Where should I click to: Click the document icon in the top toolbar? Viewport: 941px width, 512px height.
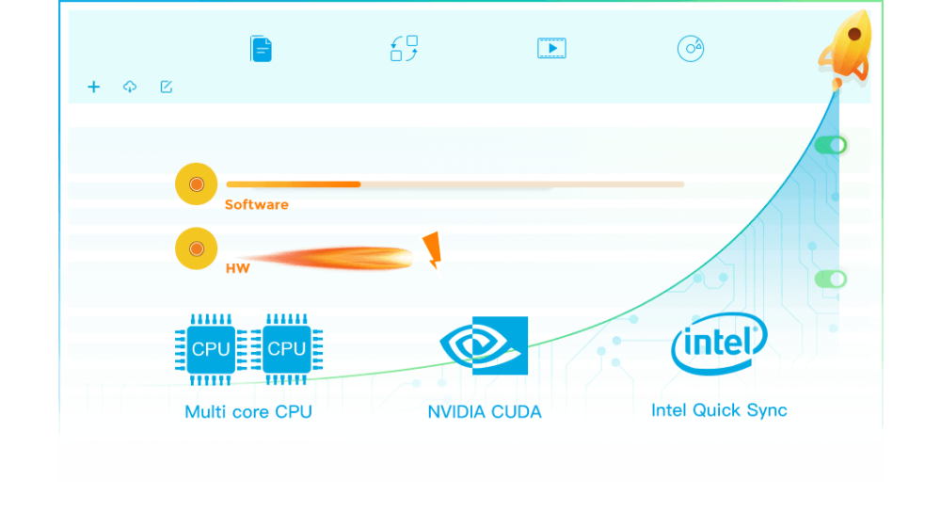point(261,48)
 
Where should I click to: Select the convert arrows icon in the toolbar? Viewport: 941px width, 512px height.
point(404,48)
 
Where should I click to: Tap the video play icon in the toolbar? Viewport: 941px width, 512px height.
point(551,48)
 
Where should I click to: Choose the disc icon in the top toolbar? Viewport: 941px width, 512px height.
point(691,48)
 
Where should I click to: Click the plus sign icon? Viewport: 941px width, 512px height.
point(93,87)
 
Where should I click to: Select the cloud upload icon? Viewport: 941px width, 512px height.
point(130,87)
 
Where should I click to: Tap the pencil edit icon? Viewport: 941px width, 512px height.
point(167,87)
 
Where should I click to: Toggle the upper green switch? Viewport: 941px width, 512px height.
point(831,145)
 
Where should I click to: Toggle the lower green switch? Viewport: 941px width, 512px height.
point(831,279)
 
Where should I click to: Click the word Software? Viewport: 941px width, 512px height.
point(256,204)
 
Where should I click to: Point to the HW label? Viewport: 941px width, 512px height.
point(237,268)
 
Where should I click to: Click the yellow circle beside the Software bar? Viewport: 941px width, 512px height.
point(196,184)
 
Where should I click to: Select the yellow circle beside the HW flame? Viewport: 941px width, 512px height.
point(196,249)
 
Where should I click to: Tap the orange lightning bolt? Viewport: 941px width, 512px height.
point(432,251)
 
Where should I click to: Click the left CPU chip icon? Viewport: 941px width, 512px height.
point(210,349)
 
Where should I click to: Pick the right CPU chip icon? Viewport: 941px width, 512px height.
point(286,349)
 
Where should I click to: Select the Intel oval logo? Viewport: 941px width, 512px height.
point(719,342)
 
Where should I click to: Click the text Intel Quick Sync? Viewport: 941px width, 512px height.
point(719,410)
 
